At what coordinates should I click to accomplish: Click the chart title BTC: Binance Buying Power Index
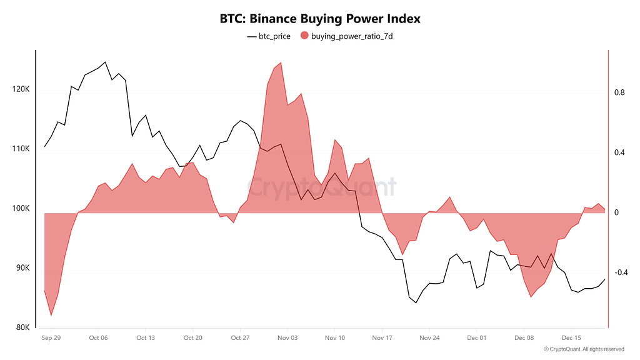pos(320,18)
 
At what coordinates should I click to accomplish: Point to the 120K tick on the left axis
pos(21,89)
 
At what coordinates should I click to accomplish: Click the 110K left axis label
pos(21,149)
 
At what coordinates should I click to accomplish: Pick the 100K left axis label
pos(21,208)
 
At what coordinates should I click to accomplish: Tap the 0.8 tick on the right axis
pos(619,92)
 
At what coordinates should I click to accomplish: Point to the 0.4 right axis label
pos(619,152)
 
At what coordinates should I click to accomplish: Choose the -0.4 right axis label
pos(621,272)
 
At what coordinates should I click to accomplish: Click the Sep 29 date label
pos(51,337)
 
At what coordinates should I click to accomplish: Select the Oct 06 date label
pos(98,337)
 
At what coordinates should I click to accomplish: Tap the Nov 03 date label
pos(287,337)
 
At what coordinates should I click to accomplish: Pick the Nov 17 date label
pos(382,337)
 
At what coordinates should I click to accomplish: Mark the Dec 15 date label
pos(571,337)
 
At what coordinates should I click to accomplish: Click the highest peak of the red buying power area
pos(281,62)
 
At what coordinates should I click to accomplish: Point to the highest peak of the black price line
pos(105,62)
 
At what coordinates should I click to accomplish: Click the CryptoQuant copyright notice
pos(584,349)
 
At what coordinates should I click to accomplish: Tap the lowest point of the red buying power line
pos(51,316)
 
